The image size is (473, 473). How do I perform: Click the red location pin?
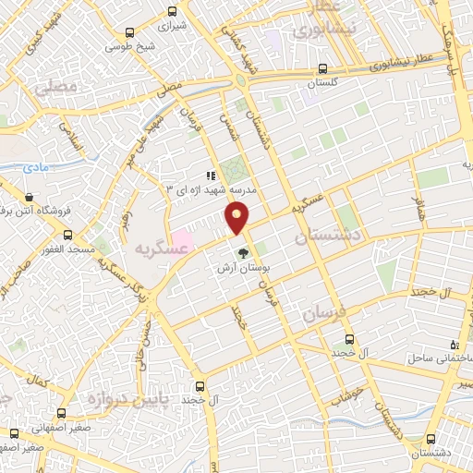(x=238, y=218)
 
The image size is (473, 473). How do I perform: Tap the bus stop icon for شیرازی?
(x=172, y=12)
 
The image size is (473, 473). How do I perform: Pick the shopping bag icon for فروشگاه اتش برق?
(x=30, y=197)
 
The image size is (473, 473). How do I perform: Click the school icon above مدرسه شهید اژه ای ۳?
(x=212, y=175)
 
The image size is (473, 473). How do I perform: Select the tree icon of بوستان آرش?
(x=242, y=252)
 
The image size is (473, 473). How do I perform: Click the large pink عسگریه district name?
(x=153, y=249)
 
